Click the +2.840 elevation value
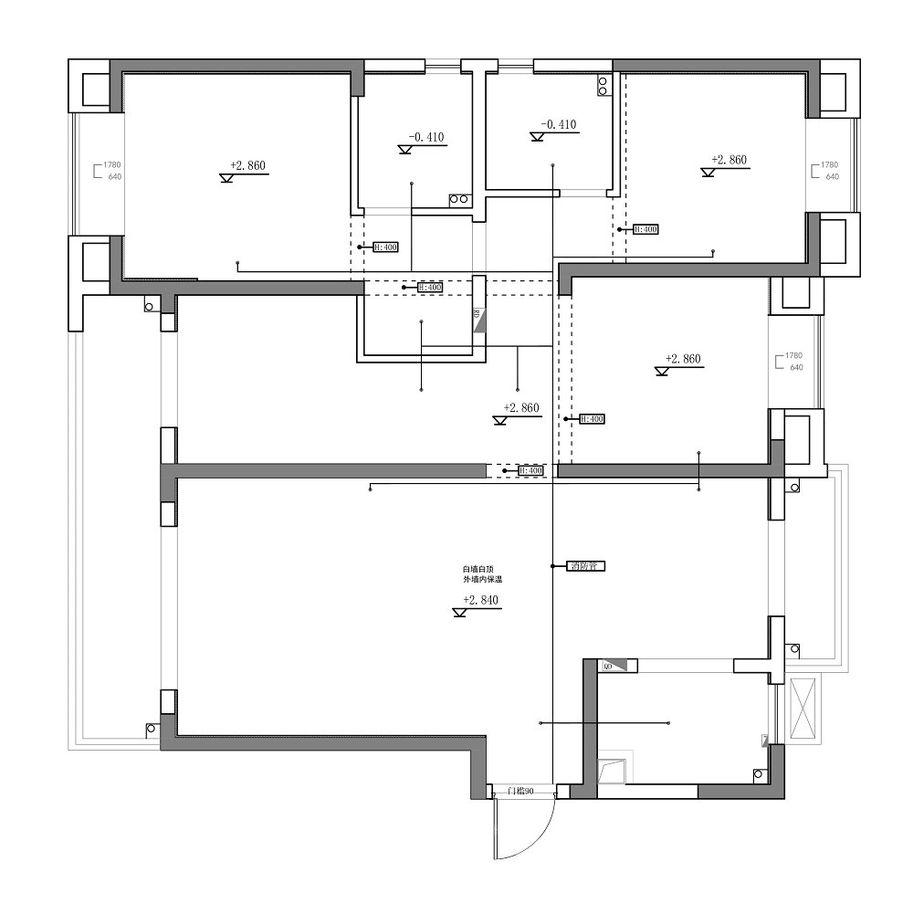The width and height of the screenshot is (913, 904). [x=480, y=600]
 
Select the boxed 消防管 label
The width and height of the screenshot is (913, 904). [x=586, y=566]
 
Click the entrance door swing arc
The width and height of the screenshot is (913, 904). [x=538, y=840]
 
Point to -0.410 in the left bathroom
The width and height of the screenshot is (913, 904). [x=425, y=138]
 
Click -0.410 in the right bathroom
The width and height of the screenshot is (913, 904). [x=558, y=124]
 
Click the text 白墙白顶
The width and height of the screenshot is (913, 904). [x=477, y=569]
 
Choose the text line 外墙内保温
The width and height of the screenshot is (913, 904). [x=482, y=580]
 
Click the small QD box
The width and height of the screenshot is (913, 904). [x=608, y=667]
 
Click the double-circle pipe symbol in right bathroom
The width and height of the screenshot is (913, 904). [x=603, y=85]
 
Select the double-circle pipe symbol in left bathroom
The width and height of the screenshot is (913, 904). [x=458, y=199]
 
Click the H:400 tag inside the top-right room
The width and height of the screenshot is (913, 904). [x=645, y=229]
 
